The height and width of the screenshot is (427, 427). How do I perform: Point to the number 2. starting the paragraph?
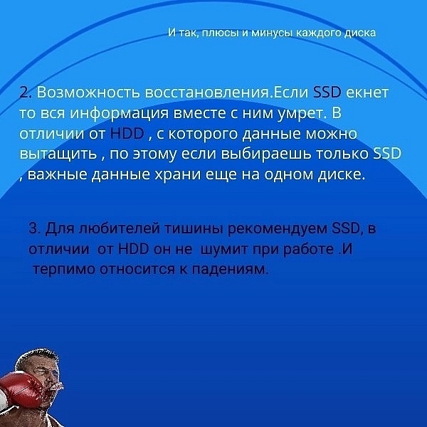pos(26,93)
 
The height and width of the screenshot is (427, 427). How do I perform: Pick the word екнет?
pos(367,93)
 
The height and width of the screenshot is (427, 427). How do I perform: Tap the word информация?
pos(120,113)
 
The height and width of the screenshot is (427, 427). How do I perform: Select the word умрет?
pos(302,114)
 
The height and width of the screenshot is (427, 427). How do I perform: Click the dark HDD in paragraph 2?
pos(127,134)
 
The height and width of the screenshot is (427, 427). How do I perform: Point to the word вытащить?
pos(58,154)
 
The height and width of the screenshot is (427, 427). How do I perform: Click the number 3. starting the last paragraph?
pos(35,228)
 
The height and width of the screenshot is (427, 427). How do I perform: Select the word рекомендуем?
pos(278,228)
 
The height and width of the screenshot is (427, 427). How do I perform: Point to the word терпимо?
pos(64,270)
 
